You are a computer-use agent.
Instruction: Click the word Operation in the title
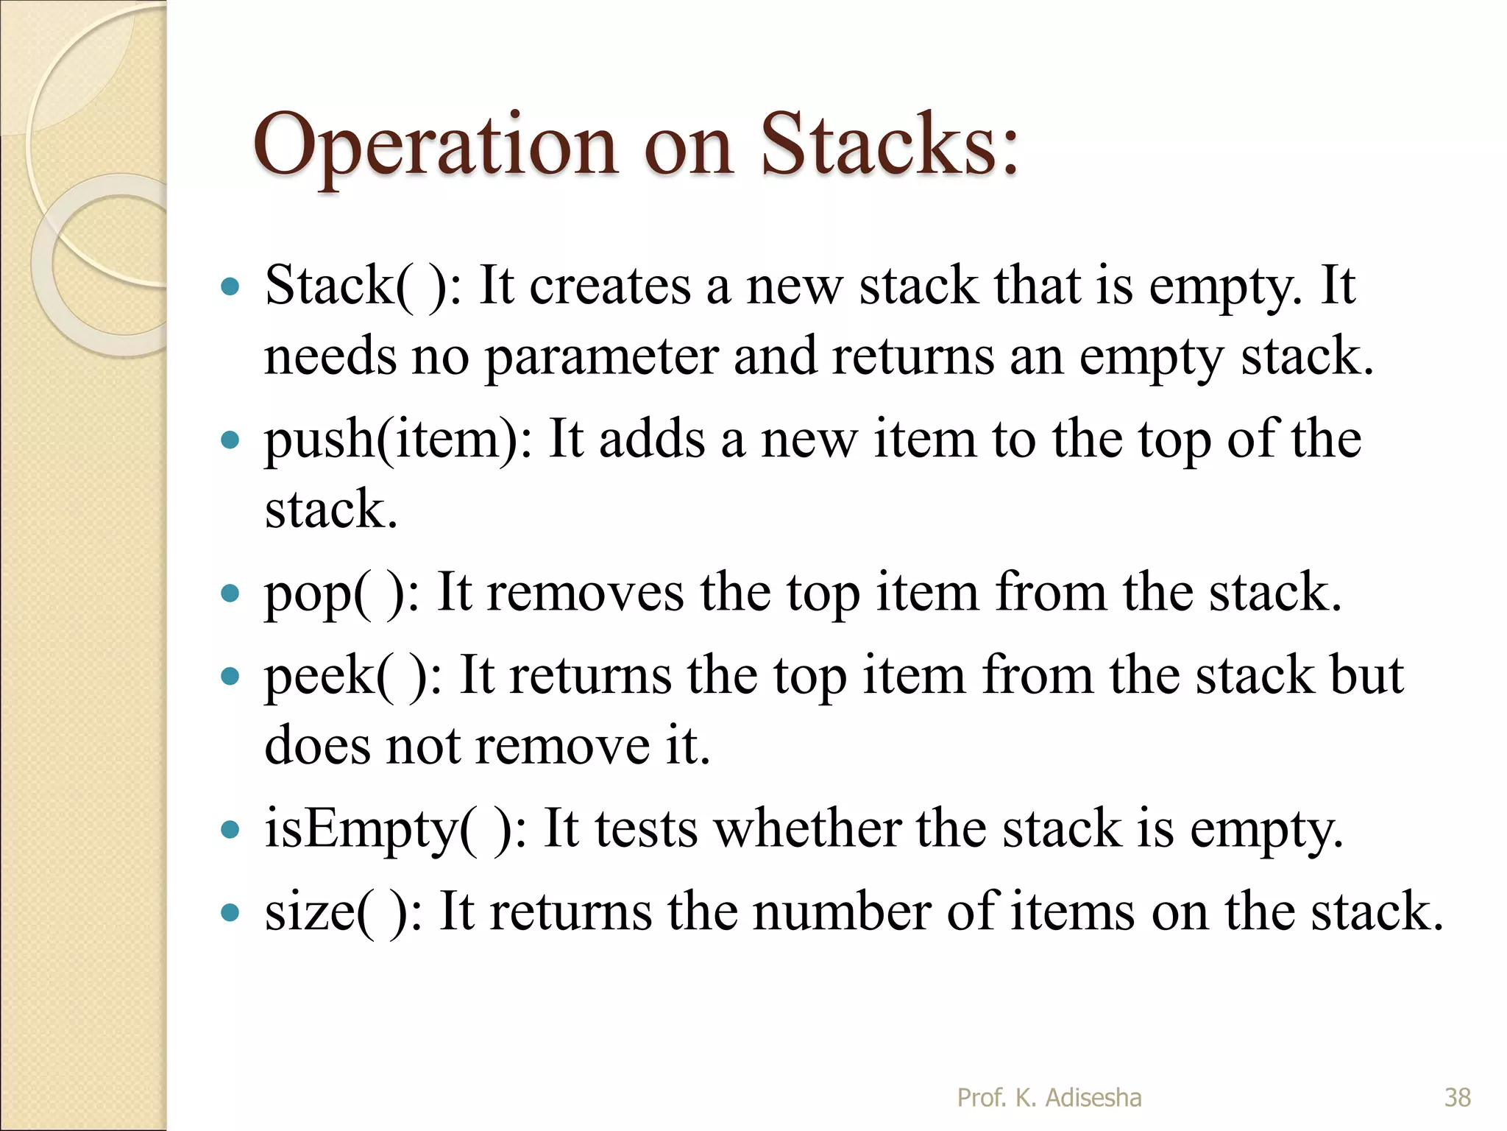[435, 147]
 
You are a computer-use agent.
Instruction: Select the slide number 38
[1458, 1097]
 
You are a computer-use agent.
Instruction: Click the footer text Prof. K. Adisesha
[1049, 1097]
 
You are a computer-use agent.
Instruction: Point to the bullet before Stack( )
[230, 286]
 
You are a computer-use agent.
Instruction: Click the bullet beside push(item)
[230, 440]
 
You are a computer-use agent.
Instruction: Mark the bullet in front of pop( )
[230, 593]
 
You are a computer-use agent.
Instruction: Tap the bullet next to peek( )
[230, 676]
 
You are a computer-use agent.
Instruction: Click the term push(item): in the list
[398, 440]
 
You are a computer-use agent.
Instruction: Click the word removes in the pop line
[585, 593]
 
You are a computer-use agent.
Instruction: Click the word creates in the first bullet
[610, 286]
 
